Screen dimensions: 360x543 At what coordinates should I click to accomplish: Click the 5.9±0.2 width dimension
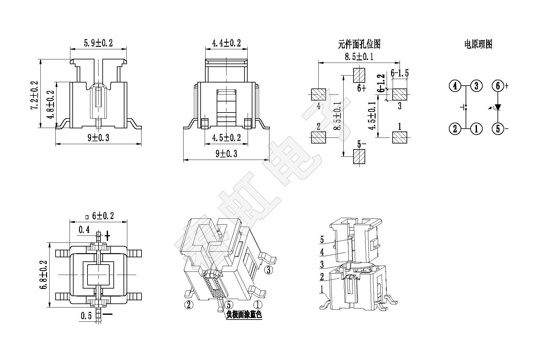[x=98, y=43]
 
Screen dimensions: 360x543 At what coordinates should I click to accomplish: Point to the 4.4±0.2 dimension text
[x=226, y=43]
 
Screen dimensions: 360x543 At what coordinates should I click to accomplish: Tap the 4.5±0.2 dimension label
[x=226, y=138]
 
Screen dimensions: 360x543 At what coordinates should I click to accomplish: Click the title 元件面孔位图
[x=359, y=44]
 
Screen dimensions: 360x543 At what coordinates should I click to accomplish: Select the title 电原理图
[x=478, y=44]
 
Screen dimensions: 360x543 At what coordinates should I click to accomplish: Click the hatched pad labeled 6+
[x=359, y=75]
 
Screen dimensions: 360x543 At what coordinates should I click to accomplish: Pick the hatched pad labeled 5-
[x=359, y=156]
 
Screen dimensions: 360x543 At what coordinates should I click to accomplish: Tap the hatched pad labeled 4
[x=318, y=94]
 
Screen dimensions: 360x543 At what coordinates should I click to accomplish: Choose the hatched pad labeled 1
[x=400, y=137]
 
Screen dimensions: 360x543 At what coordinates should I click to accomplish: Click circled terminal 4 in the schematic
[x=455, y=86]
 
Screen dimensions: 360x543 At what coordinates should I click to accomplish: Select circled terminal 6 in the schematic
[x=498, y=86]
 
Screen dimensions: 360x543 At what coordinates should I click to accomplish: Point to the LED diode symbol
[x=498, y=107]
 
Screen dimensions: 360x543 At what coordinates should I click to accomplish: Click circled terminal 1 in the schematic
[x=476, y=129]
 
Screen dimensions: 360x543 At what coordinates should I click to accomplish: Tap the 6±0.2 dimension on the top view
[x=101, y=216]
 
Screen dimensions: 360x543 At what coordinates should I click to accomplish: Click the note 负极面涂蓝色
[x=244, y=315]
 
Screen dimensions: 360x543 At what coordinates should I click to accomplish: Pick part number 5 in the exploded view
[x=322, y=240]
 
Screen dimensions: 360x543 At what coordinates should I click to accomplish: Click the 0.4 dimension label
[x=84, y=230]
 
